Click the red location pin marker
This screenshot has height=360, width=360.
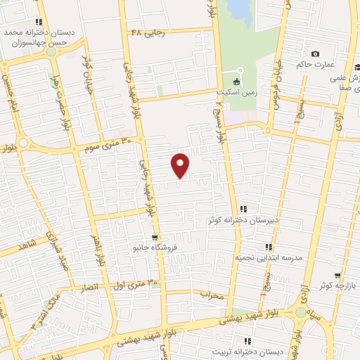click(181, 165)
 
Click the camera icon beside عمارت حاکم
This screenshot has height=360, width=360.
click(315, 54)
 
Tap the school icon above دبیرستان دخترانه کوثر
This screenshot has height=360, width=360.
click(244, 208)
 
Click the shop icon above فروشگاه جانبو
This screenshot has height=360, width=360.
click(154, 237)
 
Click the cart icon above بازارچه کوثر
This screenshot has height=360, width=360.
click(338, 275)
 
